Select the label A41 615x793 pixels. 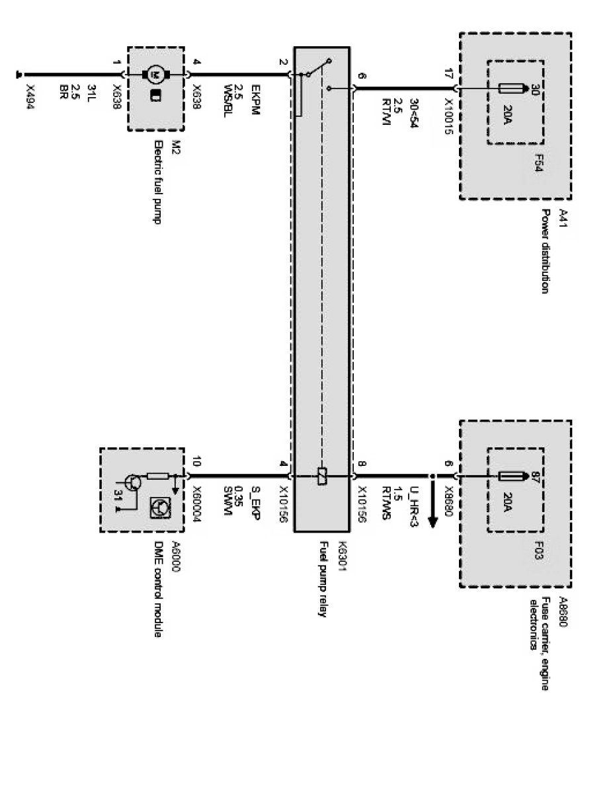click(563, 216)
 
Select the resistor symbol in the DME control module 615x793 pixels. click(157, 476)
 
